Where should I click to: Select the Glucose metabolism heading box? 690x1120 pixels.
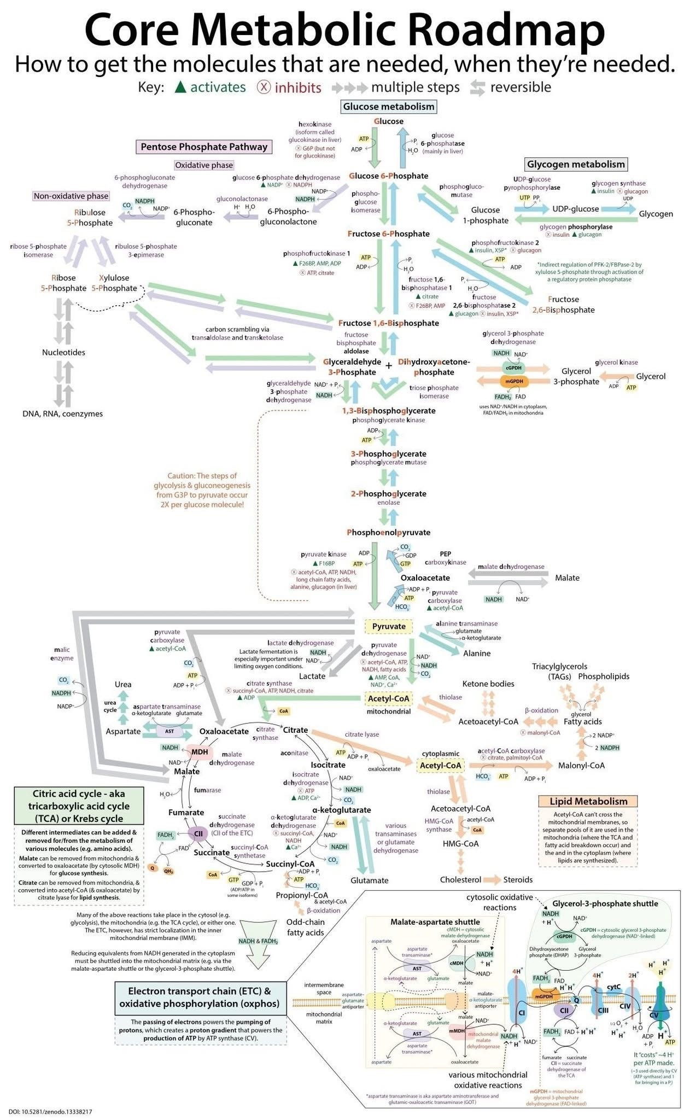tap(389, 106)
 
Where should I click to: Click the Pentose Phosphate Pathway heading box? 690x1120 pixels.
tap(204, 147)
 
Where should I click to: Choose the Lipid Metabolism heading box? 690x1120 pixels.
tap(588, 801)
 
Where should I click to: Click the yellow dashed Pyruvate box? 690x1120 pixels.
tap(389, 626)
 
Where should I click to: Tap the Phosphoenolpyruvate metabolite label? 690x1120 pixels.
tap(388, 532)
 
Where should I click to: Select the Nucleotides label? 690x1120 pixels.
tap(63, 352)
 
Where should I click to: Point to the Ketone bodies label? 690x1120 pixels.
tap(488, 684)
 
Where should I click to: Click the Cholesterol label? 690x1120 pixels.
tap(460, 879)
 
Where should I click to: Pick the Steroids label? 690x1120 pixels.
tap(518, 879)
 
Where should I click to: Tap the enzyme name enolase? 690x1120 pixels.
tap(388, 503)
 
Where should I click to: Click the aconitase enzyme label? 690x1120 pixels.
tap(294, 753)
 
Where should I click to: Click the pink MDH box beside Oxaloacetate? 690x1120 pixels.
tap(200, 752)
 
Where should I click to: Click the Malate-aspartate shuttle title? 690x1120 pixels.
tap(435, 921)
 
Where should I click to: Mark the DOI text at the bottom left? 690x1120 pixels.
tap(50, 1111)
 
